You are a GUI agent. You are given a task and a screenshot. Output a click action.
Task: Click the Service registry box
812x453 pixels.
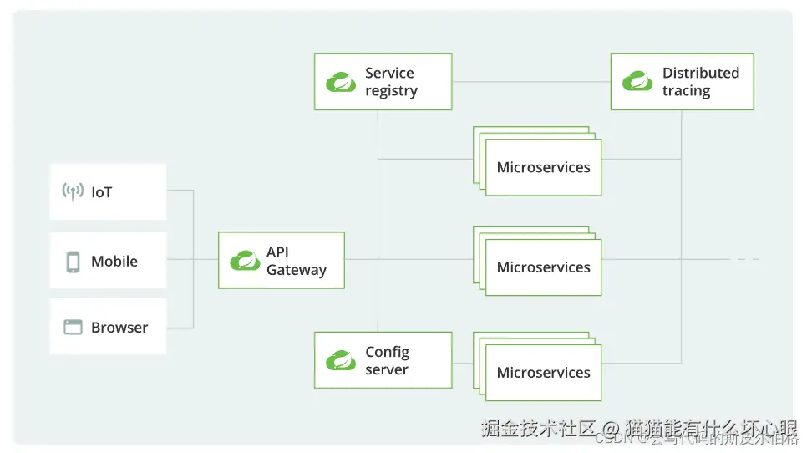pyautogui.click(x=383, y=82)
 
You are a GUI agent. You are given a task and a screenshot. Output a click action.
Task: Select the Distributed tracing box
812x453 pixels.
pyautogui.click(x=682, y=82)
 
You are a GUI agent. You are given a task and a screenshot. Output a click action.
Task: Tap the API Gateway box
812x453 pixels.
pyautogui.click(x=281, y=261)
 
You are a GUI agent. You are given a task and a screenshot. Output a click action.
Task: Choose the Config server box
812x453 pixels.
pyautogui.click(x=383, y=360)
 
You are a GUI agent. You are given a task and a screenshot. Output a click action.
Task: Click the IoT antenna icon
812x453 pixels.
pyautogui.click(x=73, y=192)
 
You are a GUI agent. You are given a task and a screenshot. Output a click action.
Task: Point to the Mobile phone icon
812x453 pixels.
pyautogui.click(x=73, y=262)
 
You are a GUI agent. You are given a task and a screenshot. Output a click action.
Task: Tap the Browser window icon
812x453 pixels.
pyautogui.click(x=73, y=328)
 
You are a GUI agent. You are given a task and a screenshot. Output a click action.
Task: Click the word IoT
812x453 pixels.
pyautogui.click(x=101, y=192)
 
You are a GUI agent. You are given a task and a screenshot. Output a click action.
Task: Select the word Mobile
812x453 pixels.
pyautogui.click(x=114, y=262)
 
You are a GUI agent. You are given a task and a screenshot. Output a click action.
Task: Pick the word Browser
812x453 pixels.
pyautogui.click(x=119, y=328)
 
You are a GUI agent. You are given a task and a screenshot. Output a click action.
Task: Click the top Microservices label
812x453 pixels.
pyautogui.click(x=543, y=167)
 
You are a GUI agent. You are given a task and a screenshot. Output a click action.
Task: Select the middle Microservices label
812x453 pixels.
pyautogui.click(x=543, y=267)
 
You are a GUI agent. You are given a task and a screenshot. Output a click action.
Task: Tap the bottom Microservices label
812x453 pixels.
pyautogui.click(x=543, y=373)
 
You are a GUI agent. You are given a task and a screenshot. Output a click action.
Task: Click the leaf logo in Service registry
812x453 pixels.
pyautogui.click(x=341, y=82)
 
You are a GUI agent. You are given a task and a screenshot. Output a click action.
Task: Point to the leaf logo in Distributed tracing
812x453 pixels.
pyautogui.click(x=637, y=82)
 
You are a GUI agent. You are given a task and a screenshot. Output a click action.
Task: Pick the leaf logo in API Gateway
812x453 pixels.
pyautogui.click(x=245, y=261)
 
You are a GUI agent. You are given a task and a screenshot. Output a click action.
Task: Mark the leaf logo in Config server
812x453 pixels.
pyautogui.click(x=341, y=360)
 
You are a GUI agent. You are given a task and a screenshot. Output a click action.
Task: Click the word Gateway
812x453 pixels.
pyautogui.click(x=296, y=270)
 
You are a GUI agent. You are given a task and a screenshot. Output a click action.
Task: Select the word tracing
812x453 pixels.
pyautogui.click(x=686, y=91)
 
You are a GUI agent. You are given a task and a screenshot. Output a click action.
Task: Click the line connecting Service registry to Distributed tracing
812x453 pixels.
pyautogui.click(x=530, y=82)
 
